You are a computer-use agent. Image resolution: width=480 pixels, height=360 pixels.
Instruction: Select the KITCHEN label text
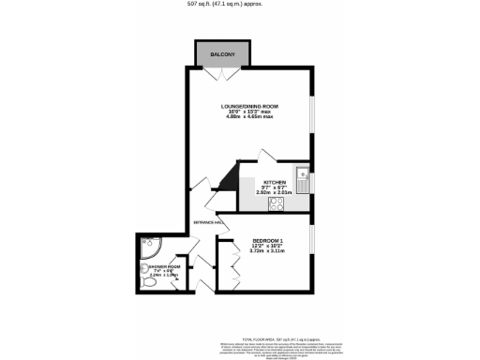274,182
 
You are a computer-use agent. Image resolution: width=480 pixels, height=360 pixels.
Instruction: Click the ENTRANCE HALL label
208,222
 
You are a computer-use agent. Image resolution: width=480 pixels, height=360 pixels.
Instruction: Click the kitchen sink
303,173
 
